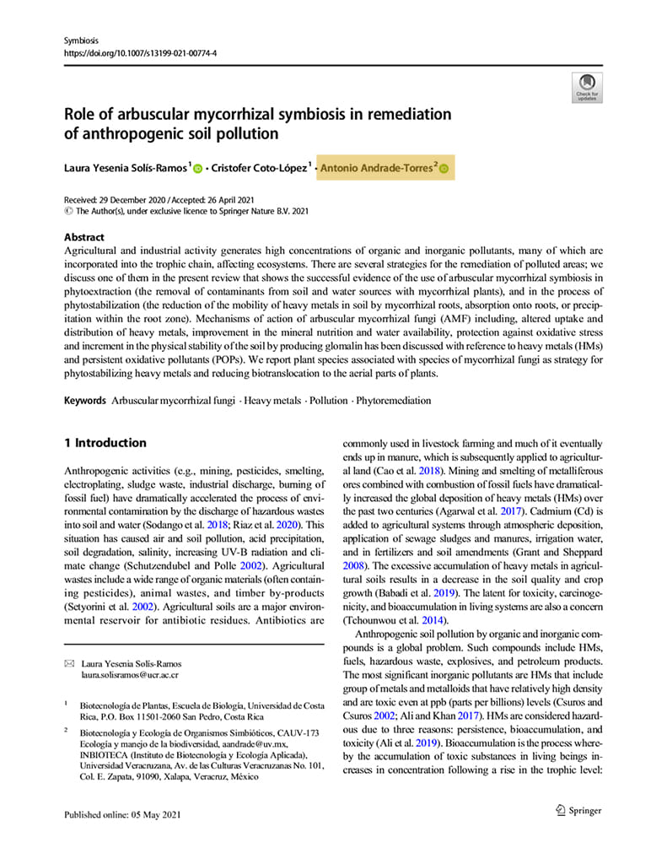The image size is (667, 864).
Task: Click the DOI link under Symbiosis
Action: pos(139,51)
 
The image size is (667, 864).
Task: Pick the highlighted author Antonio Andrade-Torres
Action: pos(376,169)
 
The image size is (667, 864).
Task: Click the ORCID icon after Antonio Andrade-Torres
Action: pos(444,170)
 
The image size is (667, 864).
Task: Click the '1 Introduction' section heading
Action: pos(105,443)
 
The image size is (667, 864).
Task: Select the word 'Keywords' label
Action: pos(85,400)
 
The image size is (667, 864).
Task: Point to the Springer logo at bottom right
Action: pos(577,811)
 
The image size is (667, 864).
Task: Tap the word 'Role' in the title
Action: pos(82,114)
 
